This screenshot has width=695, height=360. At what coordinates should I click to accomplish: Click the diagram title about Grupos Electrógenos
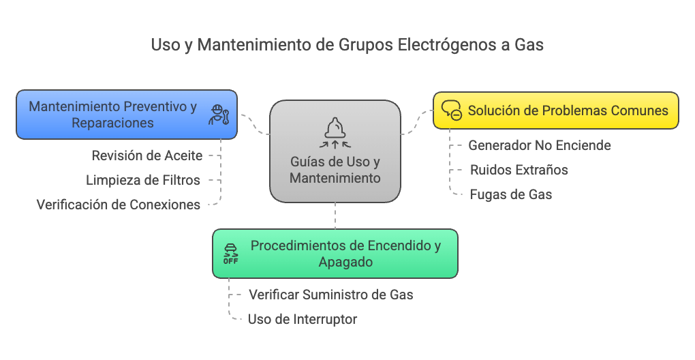(x=347, y=45)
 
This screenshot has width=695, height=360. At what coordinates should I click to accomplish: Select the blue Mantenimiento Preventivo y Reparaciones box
(x=127, y=115)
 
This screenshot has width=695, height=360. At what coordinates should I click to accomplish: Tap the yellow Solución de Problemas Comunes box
(x=556, y=110)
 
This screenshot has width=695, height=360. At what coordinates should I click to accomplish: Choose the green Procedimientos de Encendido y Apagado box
(x=335, y=254)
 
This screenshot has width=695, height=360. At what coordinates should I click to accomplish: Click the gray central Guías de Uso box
(x=335, y=151)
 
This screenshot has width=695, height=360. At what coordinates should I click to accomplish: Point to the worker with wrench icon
(x=219, y=115)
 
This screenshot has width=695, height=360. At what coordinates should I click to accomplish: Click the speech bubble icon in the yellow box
(x=452, y=110)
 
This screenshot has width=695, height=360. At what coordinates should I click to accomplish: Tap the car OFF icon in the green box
(x=230, y=254)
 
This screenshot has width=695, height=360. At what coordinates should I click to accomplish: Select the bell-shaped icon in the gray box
(x=335, y=132)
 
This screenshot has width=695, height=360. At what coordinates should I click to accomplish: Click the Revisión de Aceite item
(x=147, y=155)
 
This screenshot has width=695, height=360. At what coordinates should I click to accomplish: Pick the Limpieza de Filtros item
(x=143, y=180)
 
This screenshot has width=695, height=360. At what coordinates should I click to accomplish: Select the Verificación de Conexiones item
(x=119, y=205)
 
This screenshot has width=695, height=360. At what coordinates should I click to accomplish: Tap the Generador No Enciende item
(x=540, y=145)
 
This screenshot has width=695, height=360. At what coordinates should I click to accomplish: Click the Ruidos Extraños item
(x=519, y=169)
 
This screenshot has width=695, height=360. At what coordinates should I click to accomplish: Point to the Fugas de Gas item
(x=511, y=194)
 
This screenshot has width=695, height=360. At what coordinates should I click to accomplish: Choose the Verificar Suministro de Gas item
(x=331, y=295)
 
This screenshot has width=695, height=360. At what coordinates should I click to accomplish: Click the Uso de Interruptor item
(x=303, y=319)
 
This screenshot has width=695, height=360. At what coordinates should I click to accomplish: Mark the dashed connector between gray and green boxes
(x=335, y=216)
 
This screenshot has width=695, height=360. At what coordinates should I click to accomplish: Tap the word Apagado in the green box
(x=345, y=262)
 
